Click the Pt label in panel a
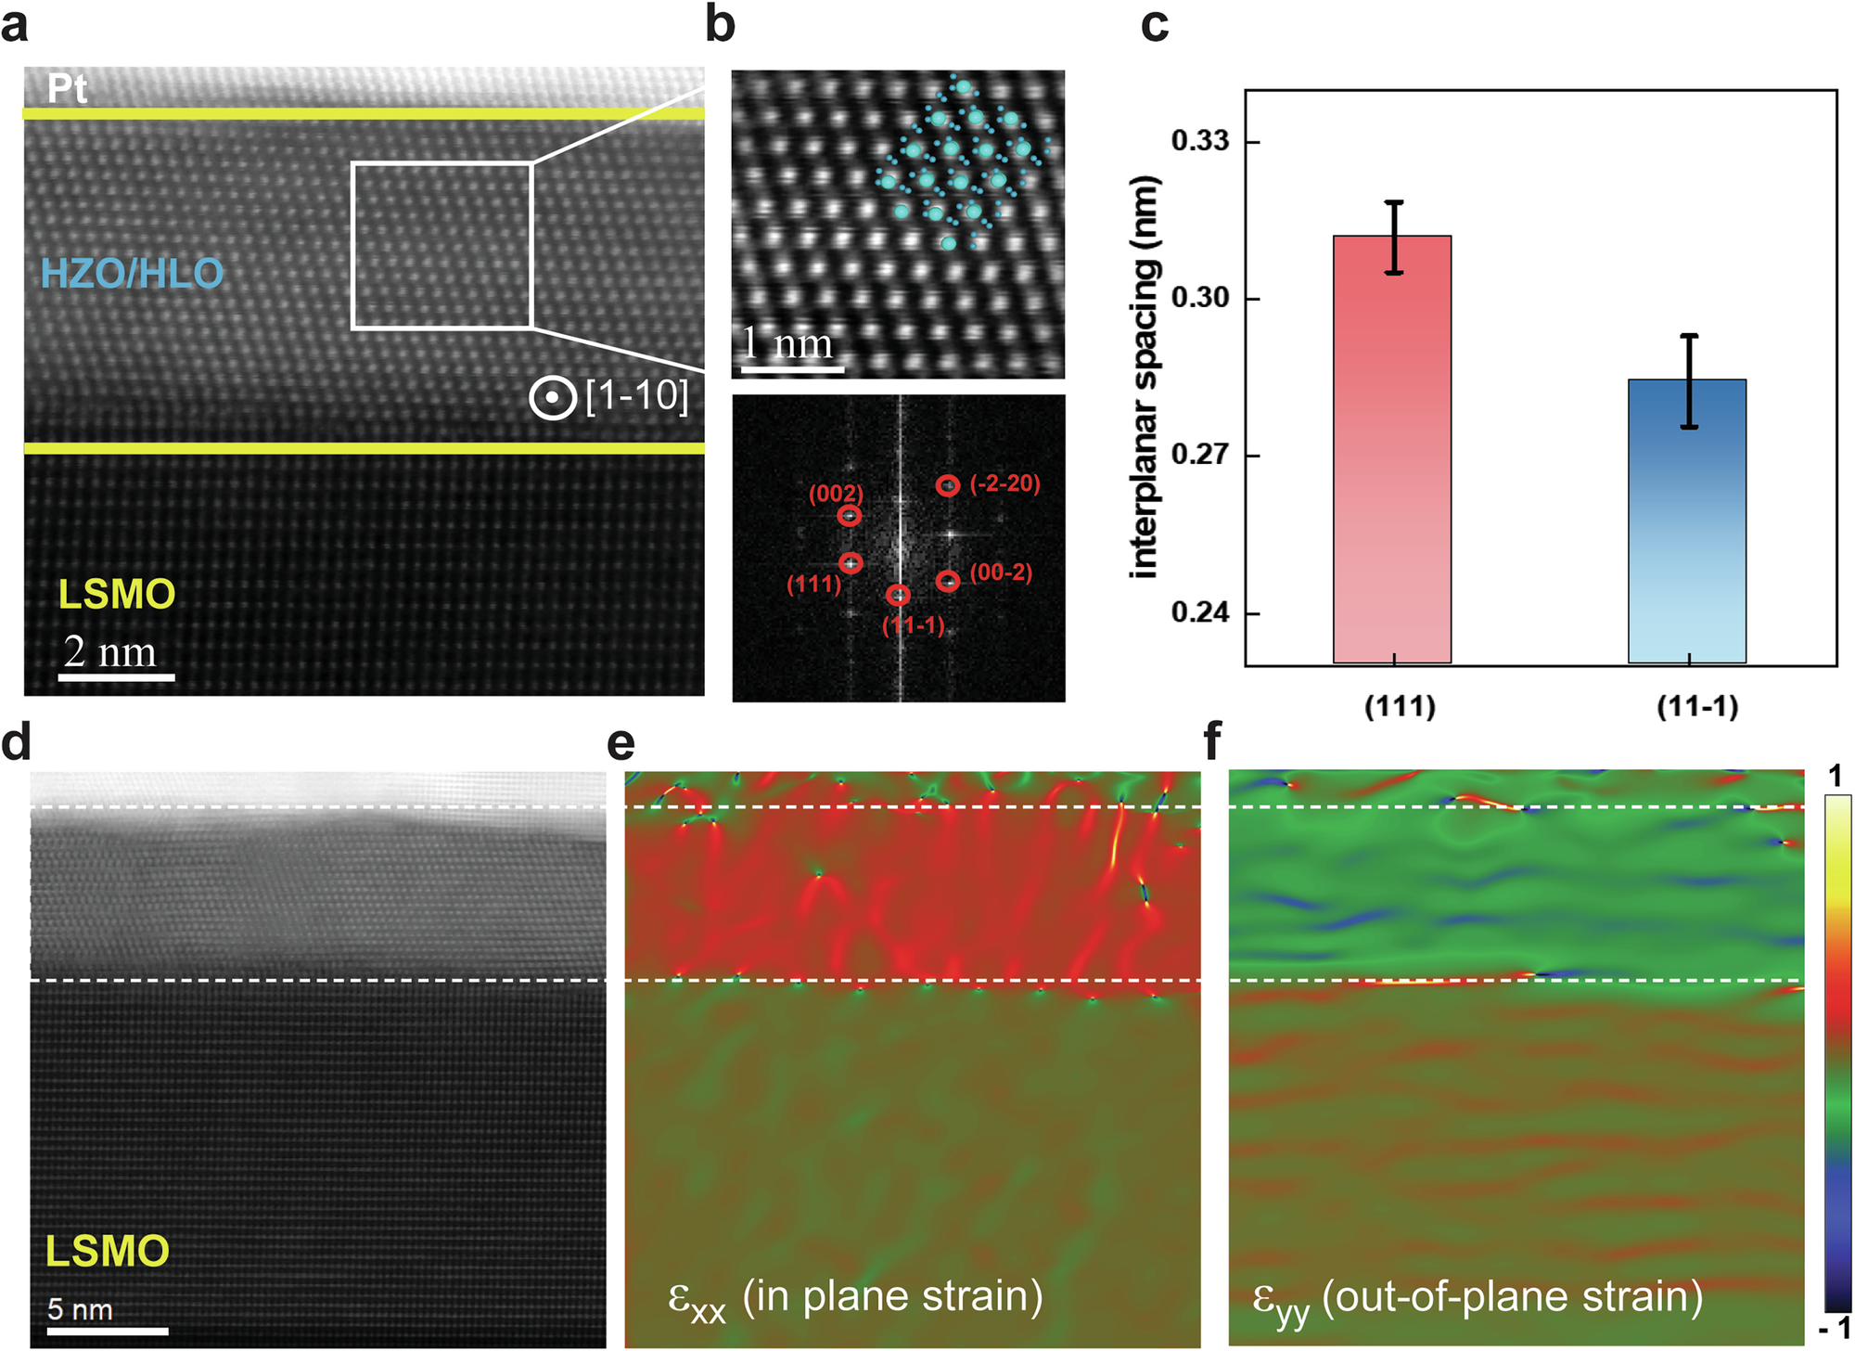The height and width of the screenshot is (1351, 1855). pos(68,89)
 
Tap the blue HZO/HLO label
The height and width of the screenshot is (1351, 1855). pos(133,274)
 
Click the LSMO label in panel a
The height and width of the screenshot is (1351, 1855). pos(117,595)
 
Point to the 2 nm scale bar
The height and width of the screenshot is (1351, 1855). pos(117,677)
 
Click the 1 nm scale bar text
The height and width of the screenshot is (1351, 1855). pos(788,344)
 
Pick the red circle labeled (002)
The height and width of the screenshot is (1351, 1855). pos(850,516)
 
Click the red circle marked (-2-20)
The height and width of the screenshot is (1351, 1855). pos(947,485)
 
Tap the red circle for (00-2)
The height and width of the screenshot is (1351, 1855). pos(947,581)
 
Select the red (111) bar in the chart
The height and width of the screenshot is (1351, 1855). pos(1392,449)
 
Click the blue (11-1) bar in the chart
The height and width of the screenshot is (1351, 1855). pos(1687,521)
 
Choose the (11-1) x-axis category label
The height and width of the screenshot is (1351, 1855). pos(1697,707)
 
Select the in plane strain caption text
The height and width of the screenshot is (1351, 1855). pos(854,1297)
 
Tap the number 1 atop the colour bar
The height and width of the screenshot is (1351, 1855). pos(1836,777)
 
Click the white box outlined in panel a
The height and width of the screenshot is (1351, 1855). pos(441,246)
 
